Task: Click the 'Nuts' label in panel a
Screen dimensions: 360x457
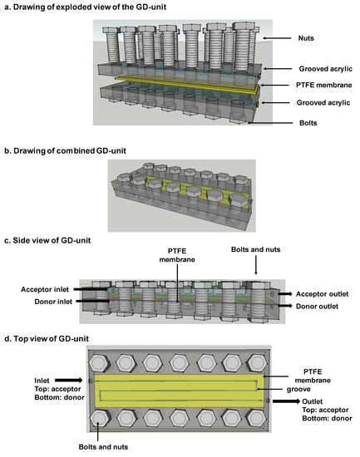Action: coord(306,38)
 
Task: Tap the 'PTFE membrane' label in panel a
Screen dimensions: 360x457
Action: coord(323,85)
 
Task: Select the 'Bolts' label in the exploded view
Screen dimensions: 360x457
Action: coord(308,123)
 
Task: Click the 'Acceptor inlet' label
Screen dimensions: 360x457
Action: coord(45,289)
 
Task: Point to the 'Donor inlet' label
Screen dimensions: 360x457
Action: coord(53,302)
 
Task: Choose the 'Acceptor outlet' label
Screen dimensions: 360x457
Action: coord(322,294)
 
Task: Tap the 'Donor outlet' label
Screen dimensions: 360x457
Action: coord(317,307)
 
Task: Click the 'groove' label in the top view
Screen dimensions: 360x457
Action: coord(298,390)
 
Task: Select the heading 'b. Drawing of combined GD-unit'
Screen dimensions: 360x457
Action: coord(66,151)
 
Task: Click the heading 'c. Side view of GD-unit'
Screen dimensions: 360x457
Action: coord(47,240)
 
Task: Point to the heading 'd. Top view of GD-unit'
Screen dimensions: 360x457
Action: coord(47,339)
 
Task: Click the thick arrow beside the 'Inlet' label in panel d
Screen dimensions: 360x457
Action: coord(69,380)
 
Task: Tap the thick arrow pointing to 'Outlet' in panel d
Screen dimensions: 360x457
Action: coord(286,401)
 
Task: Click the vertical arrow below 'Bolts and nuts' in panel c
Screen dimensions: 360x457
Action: coord(256,265)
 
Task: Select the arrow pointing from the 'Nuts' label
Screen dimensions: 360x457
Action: coord(277,38)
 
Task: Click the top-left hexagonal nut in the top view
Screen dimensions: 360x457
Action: coord(99,363)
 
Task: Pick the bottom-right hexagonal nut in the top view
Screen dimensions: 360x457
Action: coord(256,418)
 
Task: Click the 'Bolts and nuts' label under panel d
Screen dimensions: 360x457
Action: coord(103,447)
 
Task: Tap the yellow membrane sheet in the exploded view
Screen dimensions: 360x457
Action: coord(187,85)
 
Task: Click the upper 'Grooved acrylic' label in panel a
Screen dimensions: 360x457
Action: coord(326,69)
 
